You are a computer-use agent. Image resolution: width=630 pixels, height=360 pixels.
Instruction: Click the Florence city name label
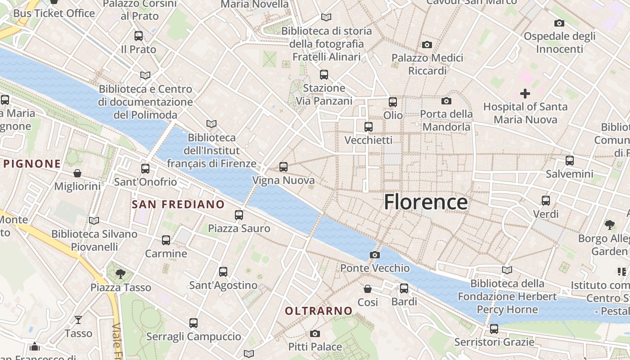[x=426, y=202]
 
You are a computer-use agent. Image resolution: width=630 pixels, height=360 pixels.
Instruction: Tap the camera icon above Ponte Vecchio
[x=374, y=255]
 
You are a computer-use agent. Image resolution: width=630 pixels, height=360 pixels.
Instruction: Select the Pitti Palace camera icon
[x=315, y=333]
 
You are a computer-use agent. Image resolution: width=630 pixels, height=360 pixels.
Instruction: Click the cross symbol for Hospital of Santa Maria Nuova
[x=525, y=94]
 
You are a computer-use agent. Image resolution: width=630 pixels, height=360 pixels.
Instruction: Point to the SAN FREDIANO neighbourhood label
[x=178, y=204]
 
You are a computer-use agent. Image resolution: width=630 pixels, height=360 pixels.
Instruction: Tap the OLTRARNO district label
[x=319, y=311]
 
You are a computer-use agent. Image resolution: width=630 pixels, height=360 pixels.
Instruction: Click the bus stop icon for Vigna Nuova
[x=283, y=167]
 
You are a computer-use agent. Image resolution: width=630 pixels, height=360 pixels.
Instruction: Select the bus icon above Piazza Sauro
[x=239, y=215]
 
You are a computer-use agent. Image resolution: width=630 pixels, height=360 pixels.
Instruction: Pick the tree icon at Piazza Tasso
[x=120, y=274]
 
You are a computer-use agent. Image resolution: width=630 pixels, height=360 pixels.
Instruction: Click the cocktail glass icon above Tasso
[x=78, y=320]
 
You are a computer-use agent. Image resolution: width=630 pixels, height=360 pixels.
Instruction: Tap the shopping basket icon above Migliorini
[x=77, y=173]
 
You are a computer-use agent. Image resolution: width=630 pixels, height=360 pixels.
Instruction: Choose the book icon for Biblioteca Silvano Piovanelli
[x=94, y=220]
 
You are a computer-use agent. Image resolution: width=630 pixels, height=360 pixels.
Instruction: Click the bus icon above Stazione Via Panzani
[x=324, y=75]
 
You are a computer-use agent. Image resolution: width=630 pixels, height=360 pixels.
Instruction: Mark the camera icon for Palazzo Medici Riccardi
[x=427, y=45]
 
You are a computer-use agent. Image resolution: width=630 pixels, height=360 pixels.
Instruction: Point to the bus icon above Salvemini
[x=570, y=160]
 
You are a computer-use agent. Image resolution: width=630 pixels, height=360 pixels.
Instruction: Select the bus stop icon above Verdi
[x=546, y=200]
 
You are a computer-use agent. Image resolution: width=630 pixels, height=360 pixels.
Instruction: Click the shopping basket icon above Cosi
[x=368, y=288]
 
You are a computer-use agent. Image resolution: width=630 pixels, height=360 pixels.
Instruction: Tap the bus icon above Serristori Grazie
[x=494, y=329]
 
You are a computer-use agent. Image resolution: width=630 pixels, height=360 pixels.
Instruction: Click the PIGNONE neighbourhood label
[x=31, y=164]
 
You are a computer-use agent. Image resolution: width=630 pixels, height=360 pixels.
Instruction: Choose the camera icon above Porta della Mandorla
[x=446, y=101]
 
